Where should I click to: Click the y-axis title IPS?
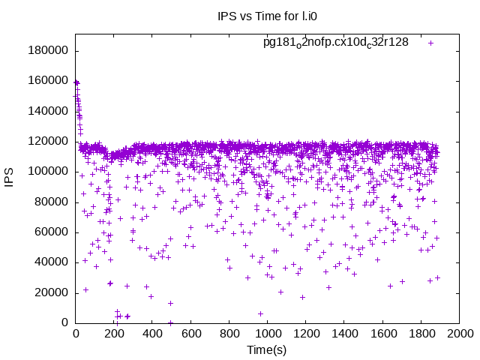click(x=10, y=178)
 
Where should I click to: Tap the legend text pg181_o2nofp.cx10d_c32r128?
click(x=335, y=42)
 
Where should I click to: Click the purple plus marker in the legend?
click(x=430, y=43)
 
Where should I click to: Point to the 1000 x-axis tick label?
click(x=267, y=334)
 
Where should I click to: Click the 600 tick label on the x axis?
click(x=190, y=334)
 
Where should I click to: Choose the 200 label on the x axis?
click(x=114, y=334)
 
